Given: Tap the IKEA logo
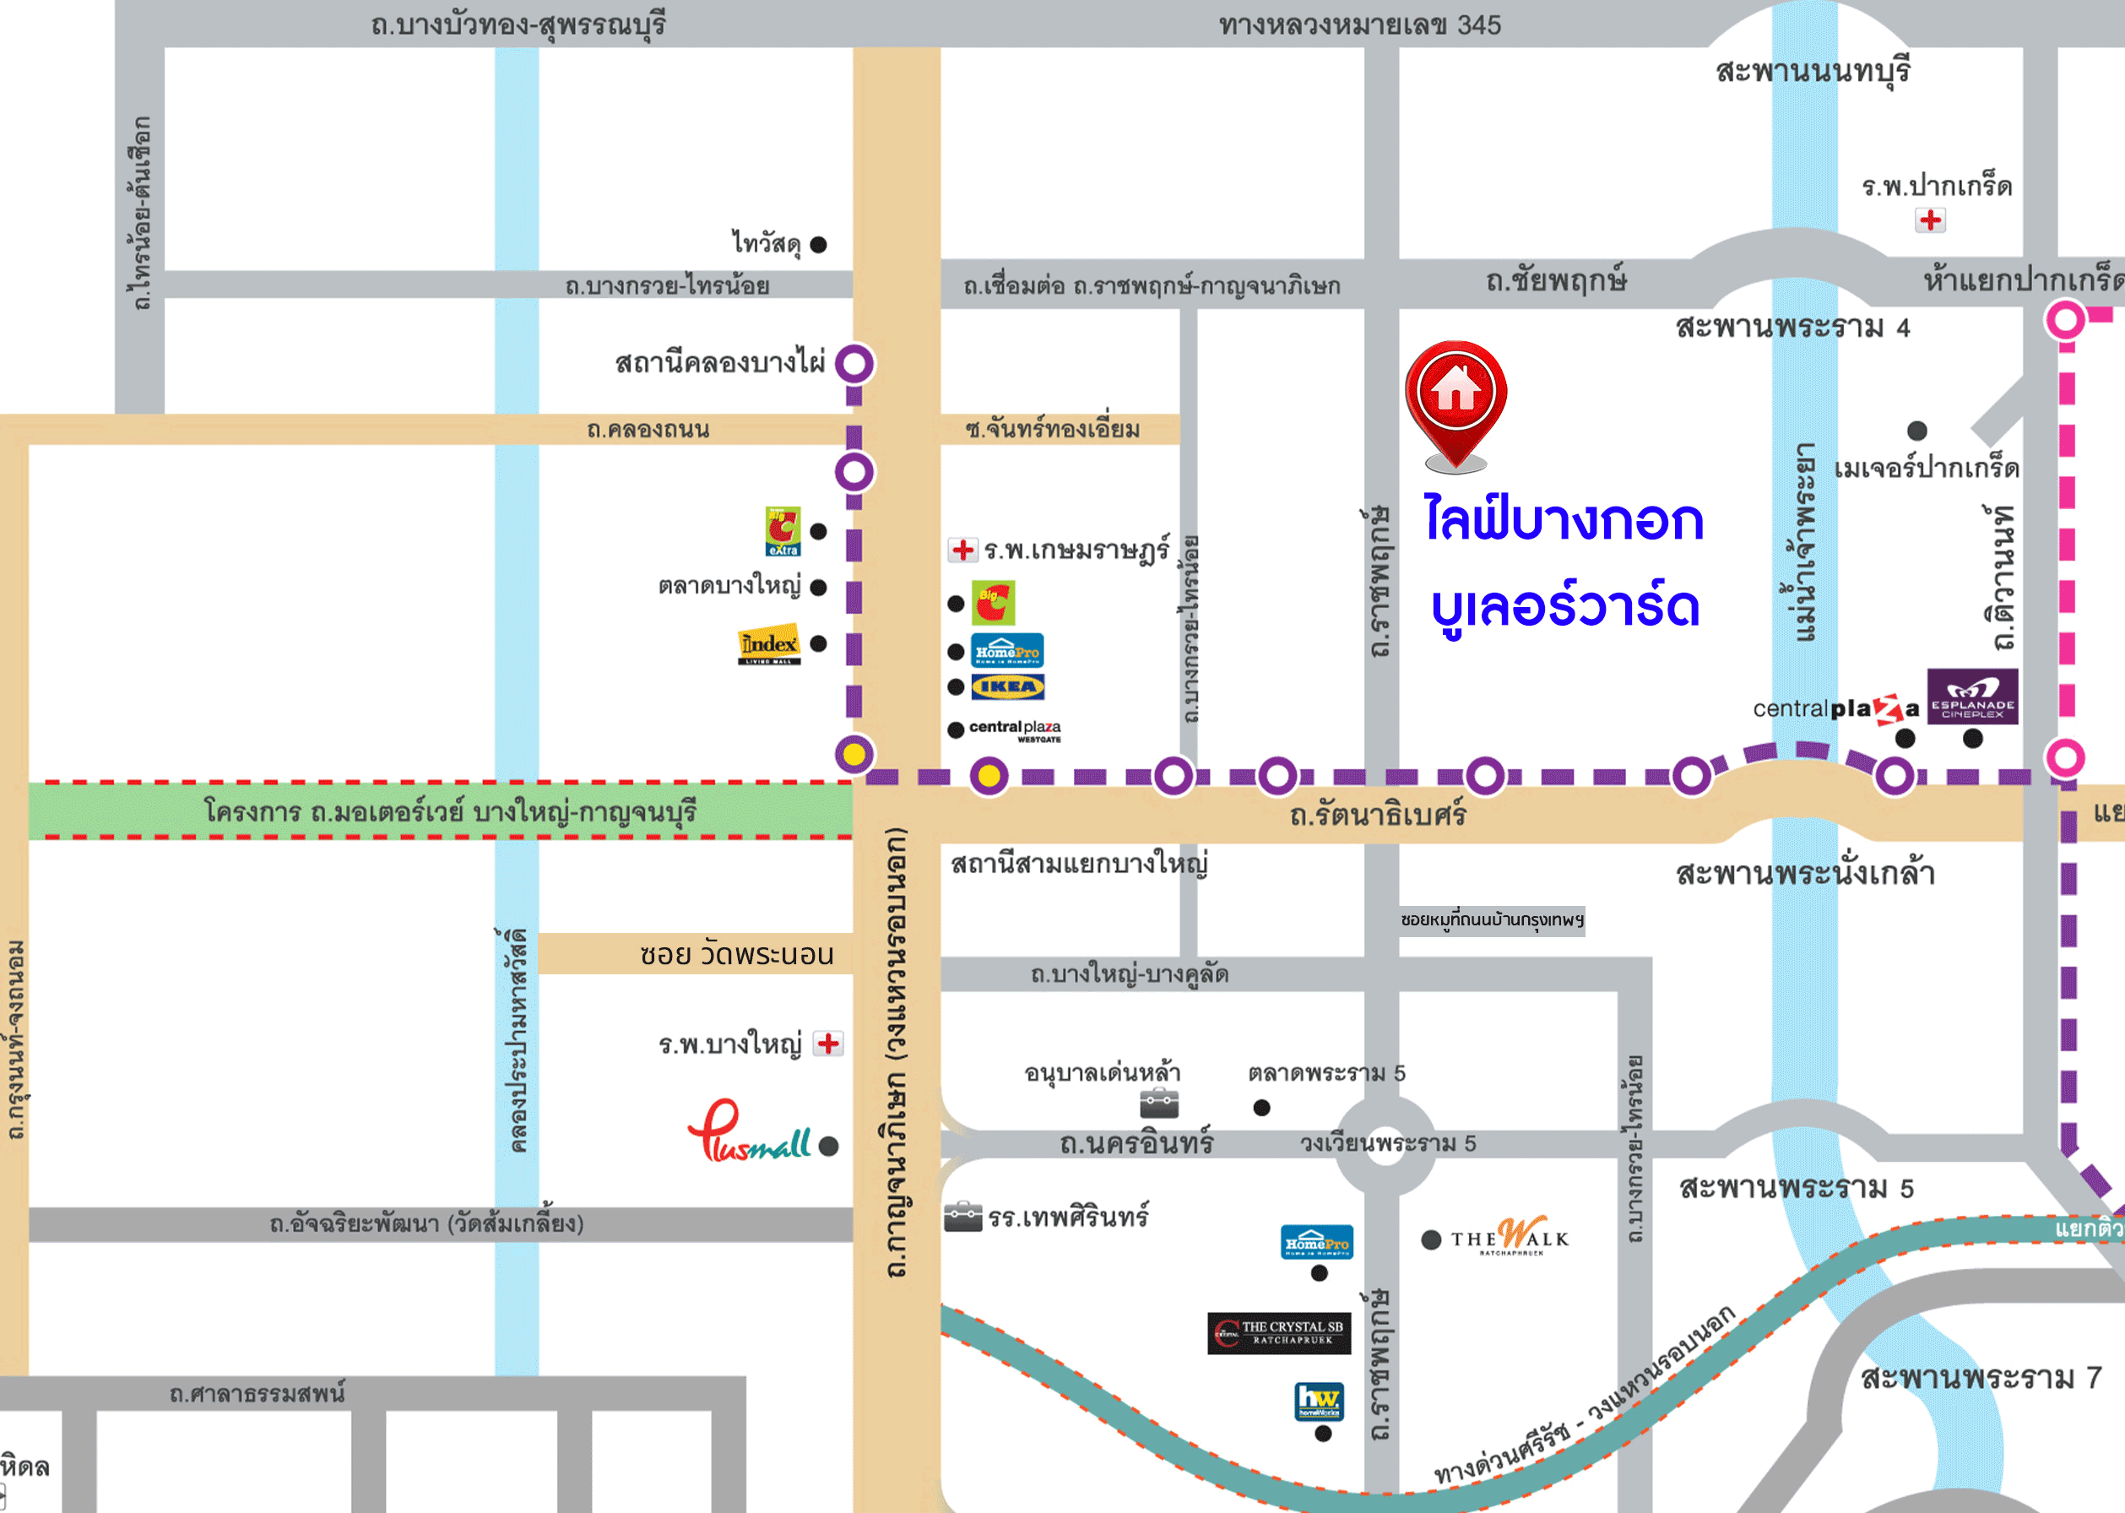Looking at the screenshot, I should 1007,686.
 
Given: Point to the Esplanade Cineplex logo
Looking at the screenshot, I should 1972,696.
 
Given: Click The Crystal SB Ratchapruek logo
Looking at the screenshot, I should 1280,1333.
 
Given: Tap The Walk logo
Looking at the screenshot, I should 1510,1237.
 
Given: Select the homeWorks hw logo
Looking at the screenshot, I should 1320,1400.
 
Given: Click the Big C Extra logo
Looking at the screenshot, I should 783,531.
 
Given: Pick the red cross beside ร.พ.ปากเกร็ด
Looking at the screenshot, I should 1930,220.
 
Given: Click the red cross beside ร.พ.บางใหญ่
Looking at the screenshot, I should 828,1044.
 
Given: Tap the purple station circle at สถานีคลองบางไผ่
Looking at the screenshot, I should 854,363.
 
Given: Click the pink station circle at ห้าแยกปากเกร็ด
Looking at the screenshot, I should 2065,321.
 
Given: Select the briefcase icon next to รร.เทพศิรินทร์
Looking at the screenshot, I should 963,1217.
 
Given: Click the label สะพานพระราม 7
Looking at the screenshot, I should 1981,1378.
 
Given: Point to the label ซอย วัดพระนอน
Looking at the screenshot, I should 736,955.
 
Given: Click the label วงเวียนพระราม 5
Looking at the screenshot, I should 1387,1143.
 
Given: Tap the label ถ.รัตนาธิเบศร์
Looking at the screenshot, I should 1377,816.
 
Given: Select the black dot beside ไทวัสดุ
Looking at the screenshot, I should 819,245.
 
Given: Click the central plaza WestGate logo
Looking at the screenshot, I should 1015,730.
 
